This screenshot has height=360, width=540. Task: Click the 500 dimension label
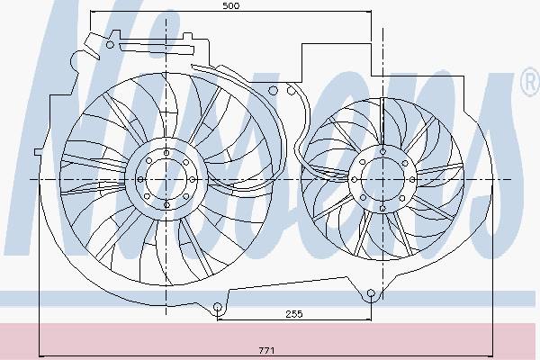click(230, 6)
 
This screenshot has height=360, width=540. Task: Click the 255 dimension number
click(294, 314)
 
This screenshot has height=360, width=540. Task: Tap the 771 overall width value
click(266, 350)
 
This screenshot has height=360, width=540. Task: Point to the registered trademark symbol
click(530, 83)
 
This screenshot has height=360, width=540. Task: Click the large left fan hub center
click(166, 179)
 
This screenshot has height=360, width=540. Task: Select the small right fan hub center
click(383, 179)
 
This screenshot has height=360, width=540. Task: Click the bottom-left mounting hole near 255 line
click(217, 307)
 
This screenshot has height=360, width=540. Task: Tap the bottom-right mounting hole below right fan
click(371, 293)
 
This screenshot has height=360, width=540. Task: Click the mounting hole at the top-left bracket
click(110, 44)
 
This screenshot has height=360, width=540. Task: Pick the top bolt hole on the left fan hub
click(166, 153)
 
